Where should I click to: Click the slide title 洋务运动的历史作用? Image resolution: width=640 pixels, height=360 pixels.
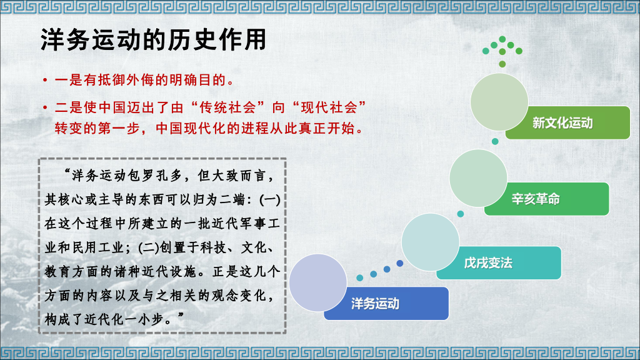[154, 40]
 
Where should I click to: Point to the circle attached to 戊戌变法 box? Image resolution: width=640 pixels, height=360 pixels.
[430, 242]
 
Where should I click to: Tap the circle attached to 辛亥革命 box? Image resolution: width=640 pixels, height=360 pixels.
[477, 176]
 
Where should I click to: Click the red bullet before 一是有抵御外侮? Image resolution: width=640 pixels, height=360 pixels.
[45, 81]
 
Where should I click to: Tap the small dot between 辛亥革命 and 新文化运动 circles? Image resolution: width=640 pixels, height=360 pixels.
[495, 141]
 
